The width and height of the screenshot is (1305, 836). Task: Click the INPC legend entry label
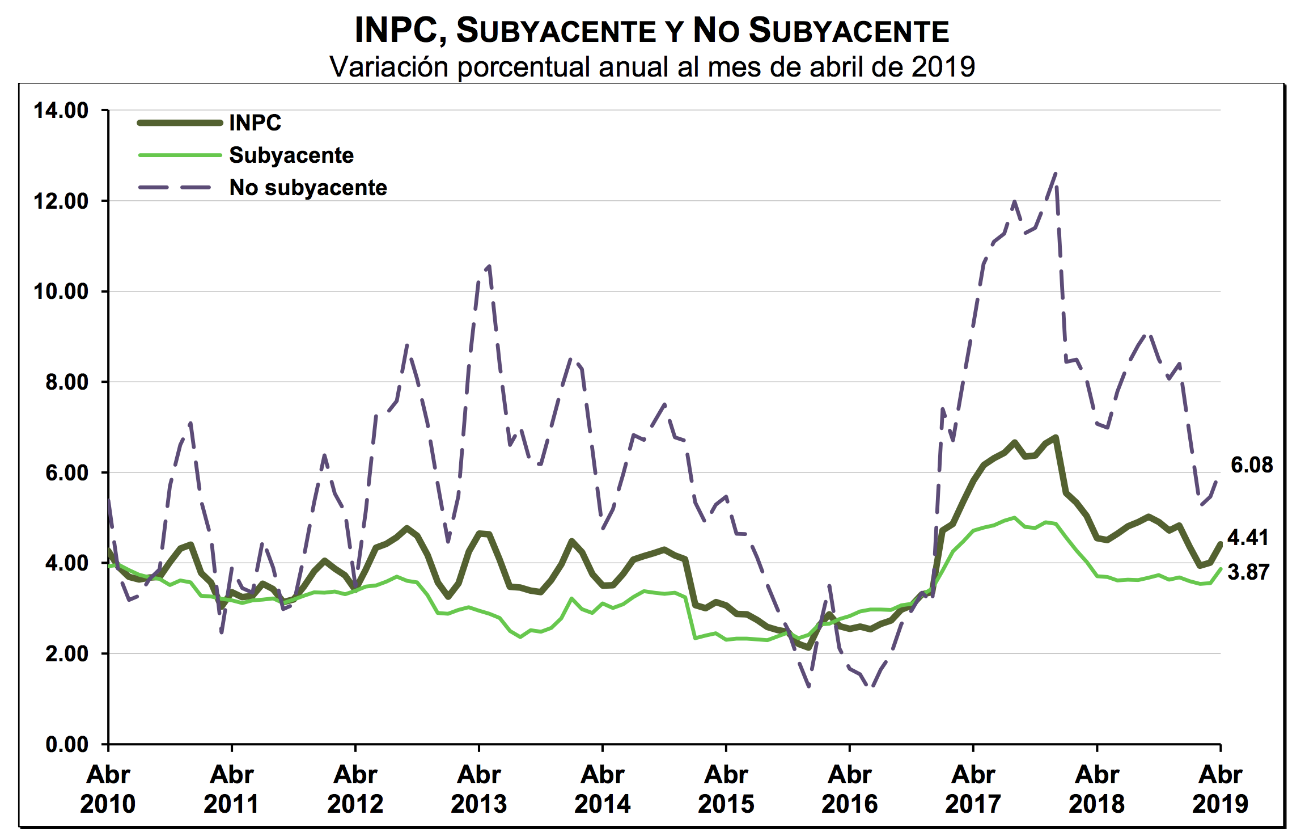[x=255, y=123]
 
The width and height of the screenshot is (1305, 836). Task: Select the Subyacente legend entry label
[x=291, y=155]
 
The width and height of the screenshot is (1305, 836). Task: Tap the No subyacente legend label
[x=308, y=188]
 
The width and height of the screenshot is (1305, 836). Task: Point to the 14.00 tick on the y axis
[x=61, y=110]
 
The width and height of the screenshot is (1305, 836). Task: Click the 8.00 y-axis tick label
[x=67, y=382]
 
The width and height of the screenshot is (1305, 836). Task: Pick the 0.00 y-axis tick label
[x=67, y=744]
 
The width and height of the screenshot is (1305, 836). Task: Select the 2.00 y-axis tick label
[x=67, y=653]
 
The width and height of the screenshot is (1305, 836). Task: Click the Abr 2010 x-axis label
[x=108, y=789]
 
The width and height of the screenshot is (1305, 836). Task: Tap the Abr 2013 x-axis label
[x=479, y=789]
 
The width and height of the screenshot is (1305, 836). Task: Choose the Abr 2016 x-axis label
[x=849, y=789]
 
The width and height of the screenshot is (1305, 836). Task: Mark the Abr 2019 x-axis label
[x=1220, y=789]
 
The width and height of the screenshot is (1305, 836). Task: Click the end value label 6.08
[x=1251, y=465]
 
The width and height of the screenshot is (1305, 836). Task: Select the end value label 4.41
[x=1248, y=538]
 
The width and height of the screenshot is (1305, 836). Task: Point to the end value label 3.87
[x=1248, y=572]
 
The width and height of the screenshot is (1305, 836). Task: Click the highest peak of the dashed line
[x=1055, y=174]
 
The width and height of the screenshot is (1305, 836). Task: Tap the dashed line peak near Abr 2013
[x=489, y=265]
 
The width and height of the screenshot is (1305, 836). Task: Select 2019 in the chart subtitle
[x=943, y=67]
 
